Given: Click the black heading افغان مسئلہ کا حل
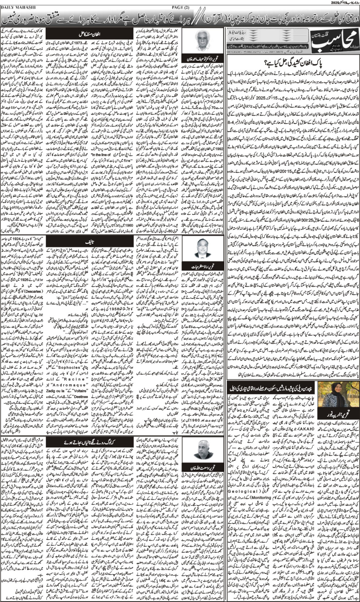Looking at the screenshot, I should point(89,35).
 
